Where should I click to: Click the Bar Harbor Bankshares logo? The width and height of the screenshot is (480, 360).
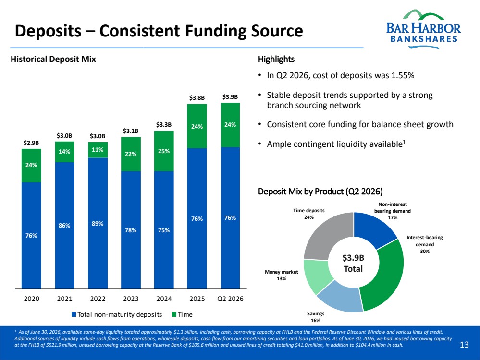(423, 29)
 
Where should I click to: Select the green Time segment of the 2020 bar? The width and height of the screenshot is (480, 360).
(31, 166)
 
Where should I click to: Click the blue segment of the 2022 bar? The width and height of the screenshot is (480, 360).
(98, 223)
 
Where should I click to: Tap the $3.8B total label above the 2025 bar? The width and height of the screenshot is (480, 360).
(197, 98)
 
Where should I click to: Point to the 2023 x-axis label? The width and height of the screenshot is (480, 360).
(131, 299)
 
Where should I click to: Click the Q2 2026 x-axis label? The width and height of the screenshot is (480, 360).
(230, 299)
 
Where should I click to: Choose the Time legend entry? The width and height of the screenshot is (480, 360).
(183, 314)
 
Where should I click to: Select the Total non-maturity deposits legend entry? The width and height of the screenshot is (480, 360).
(117, 314)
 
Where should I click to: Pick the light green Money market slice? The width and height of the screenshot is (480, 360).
(316, 275)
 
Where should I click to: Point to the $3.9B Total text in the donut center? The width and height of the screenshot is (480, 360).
(353, 263)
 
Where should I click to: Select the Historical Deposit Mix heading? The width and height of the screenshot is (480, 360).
(53, 59)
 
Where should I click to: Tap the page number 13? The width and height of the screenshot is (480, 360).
(464, 345)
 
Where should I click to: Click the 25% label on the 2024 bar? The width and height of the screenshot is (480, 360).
(164, 151)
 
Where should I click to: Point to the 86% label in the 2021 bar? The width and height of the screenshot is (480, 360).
(64, 226)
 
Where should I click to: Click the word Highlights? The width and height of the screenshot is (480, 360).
(276, 59)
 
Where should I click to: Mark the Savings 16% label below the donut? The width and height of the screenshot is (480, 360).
(316, 317)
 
